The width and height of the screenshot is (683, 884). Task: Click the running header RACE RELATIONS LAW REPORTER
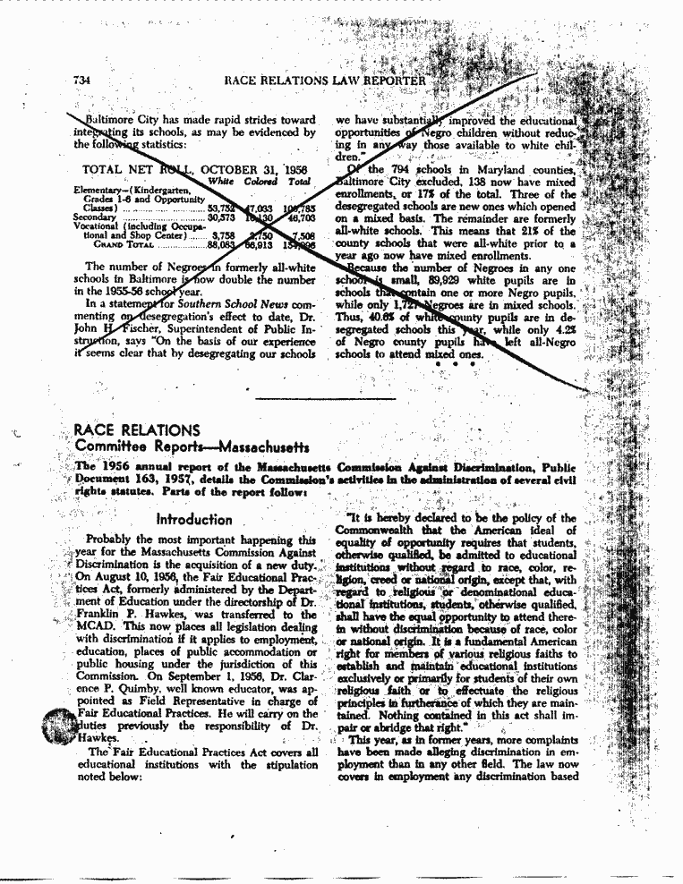326,81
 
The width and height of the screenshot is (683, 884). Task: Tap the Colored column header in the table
262,182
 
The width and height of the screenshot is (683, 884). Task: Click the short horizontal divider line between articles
341,397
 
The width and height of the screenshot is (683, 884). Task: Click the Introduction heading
193,519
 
